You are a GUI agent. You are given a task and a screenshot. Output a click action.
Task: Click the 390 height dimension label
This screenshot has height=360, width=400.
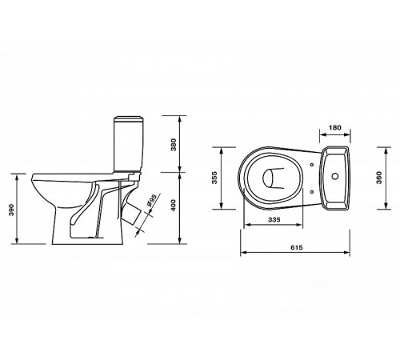pos(11,210)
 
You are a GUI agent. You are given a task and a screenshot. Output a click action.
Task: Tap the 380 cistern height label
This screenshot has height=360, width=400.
pos(174,145)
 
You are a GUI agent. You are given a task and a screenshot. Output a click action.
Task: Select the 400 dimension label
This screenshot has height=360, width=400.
pos(174,206)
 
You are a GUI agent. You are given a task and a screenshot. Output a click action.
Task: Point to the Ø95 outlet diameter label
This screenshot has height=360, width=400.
pos(152,201)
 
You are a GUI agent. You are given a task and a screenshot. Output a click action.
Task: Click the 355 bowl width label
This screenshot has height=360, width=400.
pos(214,178)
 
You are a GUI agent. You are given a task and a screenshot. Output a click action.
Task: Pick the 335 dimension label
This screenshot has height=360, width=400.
pos(274,219)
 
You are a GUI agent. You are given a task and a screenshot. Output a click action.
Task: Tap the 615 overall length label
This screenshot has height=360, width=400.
pos(297,247)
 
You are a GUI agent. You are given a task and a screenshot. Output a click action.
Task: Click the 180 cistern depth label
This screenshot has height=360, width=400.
pos(335,127)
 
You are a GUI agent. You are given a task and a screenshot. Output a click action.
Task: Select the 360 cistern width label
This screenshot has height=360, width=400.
pos(379,178)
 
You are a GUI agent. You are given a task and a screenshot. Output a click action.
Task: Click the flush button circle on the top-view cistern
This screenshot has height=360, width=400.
pos(335,176)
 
